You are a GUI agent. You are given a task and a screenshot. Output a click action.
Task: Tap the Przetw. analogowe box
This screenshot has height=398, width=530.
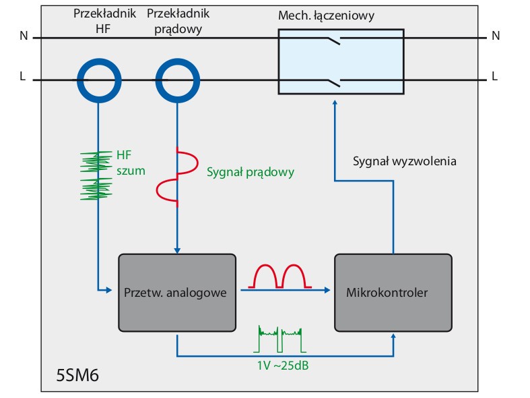point(177,293)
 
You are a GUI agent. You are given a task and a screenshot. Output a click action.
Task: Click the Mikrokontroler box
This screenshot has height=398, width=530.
point(393,293)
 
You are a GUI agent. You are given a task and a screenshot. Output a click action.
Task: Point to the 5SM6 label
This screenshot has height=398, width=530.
point(77,375)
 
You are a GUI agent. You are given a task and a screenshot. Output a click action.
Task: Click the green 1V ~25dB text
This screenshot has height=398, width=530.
point(283,366)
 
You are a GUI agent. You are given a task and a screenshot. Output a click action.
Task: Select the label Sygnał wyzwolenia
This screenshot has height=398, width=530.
point(405,161)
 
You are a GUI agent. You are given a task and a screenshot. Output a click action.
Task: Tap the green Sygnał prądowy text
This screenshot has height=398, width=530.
point(251,172)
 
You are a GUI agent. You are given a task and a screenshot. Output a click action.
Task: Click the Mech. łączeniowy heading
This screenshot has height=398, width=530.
point(326,16)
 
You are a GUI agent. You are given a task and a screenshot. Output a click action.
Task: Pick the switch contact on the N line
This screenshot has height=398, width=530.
point(333,40)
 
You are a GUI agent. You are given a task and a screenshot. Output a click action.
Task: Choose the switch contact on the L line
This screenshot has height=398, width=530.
point(333,82)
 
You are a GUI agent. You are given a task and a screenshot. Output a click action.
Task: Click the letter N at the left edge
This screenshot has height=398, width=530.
point(24,36)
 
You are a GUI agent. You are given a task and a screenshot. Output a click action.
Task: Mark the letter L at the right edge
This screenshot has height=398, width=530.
point(494,76)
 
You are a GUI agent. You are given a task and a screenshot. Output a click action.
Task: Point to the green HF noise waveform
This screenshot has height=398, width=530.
point(96,175)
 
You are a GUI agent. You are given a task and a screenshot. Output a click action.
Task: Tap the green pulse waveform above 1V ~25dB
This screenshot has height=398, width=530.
point(279,339)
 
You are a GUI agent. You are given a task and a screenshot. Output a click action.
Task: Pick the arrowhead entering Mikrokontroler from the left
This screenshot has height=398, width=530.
point(327,290)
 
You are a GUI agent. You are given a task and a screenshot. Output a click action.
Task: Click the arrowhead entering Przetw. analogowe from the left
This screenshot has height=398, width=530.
point(108,290)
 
